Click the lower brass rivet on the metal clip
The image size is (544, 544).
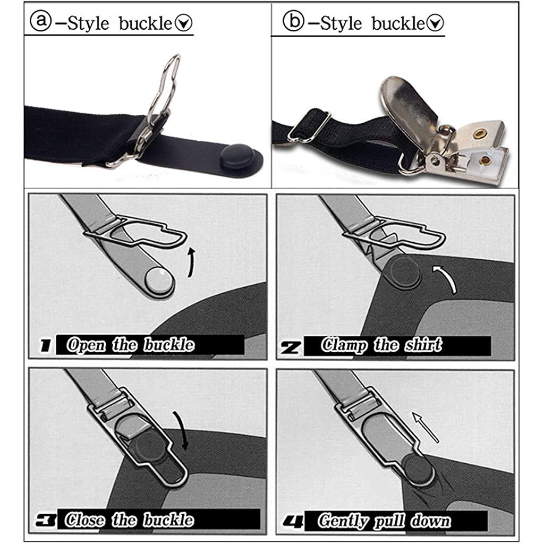[x=485, y=159]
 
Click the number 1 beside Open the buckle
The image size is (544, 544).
[x=46, y=346]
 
